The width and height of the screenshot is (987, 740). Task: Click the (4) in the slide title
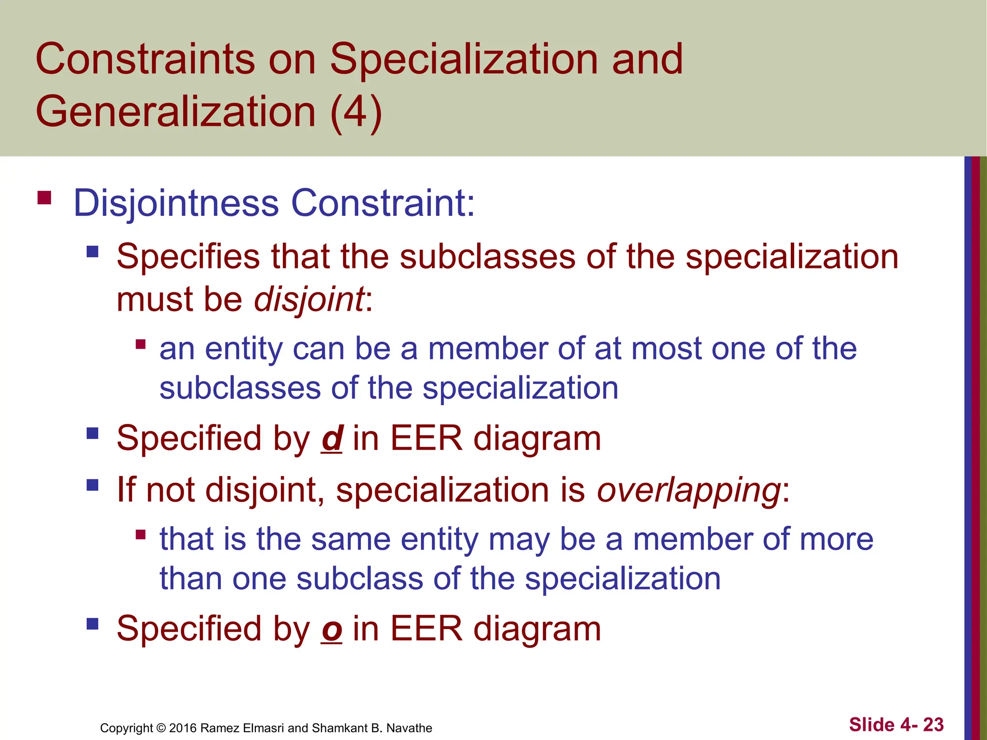[356, 112]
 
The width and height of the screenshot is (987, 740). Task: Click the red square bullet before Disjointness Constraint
[44, 198]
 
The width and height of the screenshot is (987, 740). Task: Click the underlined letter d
[332, 439]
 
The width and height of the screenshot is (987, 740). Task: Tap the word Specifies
[188, 257]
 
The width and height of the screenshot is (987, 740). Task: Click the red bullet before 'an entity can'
[141, 344]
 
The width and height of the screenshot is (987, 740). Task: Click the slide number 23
[933, 725]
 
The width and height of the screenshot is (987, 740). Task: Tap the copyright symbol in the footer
[161, 728]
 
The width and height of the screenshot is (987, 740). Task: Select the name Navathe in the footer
[409, 728]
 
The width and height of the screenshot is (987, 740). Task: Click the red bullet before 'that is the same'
[141, 534]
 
